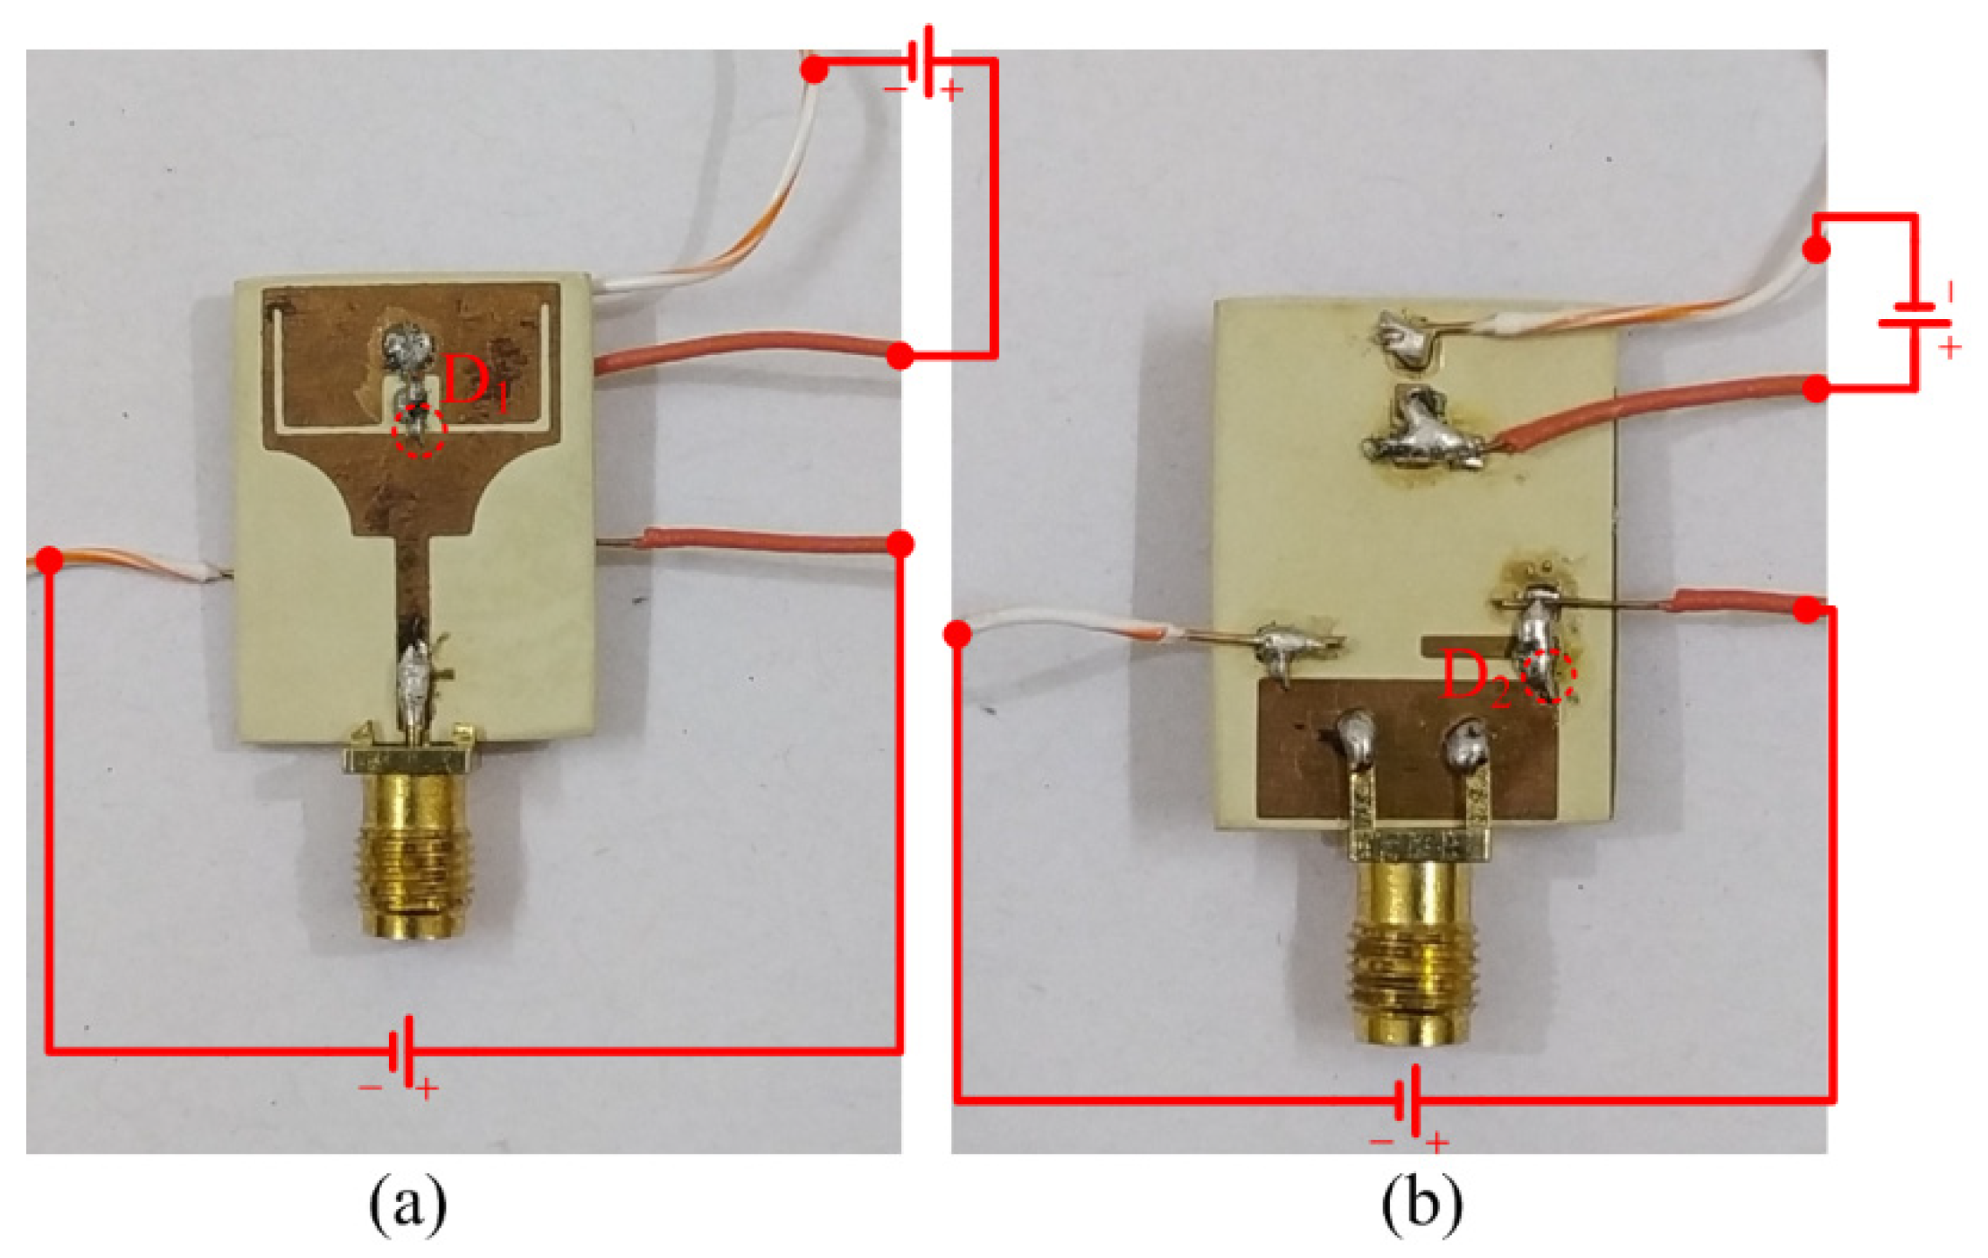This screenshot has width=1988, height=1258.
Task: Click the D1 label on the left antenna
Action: [x=474, y=383]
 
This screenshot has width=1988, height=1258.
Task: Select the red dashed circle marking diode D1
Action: [x=420, y=430]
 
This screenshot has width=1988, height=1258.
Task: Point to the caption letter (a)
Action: [x=407, y=1205]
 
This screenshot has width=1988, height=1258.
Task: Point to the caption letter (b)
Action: [x=1421, y=1205]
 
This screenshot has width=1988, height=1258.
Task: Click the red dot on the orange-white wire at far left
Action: [x=50, y=559]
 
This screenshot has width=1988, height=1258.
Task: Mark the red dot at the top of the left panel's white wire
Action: [x=814, y=70]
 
